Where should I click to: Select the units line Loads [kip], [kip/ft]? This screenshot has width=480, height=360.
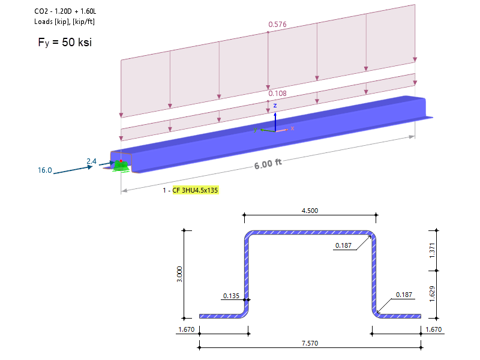point(65,22)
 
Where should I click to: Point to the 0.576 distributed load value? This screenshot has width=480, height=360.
point(277,25)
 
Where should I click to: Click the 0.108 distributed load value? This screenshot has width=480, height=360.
point(277,94)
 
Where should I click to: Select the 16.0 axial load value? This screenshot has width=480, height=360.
point(45,170)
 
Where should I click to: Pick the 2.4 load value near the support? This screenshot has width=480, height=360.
point(91,161)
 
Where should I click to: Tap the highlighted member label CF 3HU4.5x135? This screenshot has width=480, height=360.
point(196,190)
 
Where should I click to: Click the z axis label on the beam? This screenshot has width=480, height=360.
point(275,106)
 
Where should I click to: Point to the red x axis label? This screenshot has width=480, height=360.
point(292,128)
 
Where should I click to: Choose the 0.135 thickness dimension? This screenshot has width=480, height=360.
point(232,296)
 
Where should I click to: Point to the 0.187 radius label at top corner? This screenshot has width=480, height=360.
point(344,245)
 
